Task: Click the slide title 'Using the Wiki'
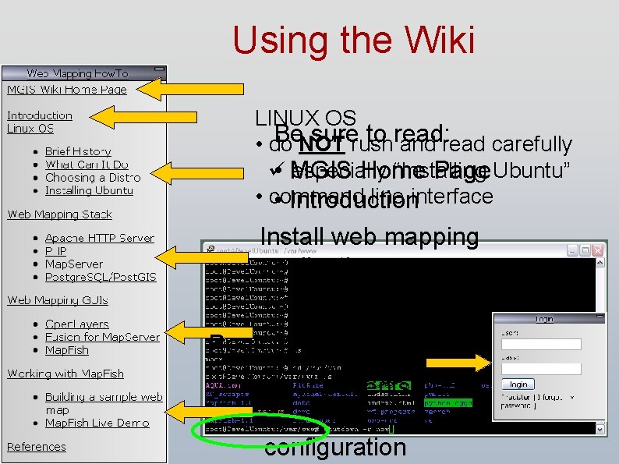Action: [353, 40]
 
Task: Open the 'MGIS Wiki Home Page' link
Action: [66, 89]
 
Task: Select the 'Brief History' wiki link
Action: [78, 151]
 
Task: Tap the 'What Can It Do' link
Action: [87, 165]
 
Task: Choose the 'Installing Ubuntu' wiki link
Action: [89, 190]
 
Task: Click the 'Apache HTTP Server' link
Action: [99, 238]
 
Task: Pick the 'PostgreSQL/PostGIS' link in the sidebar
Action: [99, 277]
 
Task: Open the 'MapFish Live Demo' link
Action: [97, 423]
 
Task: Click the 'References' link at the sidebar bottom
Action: [36, 447]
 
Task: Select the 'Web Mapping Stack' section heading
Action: [59, 214]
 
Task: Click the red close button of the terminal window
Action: [597, 250]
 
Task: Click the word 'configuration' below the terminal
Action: [334, 448]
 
